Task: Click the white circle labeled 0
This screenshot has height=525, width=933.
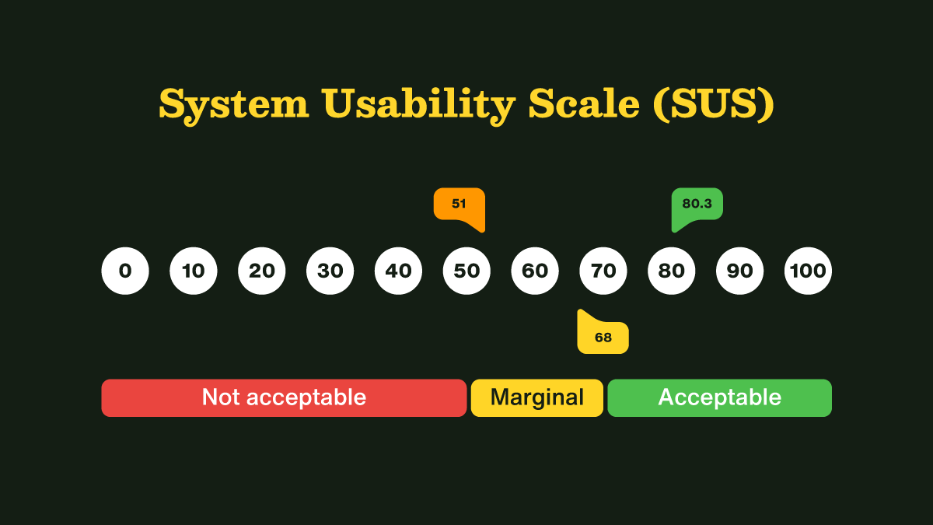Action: click(125, 271)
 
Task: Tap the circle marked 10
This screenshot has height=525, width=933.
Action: click(194, 271)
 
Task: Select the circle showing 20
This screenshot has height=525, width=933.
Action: click(262, 271)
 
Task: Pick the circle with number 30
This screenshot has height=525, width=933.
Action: click(330, 271)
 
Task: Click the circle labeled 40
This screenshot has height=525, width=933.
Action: click(399, 271)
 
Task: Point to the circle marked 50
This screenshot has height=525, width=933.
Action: click(466, 271)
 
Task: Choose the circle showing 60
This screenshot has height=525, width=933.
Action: click(535, 271)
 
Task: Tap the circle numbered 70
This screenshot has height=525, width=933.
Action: click(603, 271)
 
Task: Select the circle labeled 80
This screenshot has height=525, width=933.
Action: click(672, 271)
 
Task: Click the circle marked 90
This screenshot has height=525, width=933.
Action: click(740, 271)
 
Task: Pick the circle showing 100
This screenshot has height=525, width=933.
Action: click(809, 271)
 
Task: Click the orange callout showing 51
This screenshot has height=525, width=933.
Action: click(459, 205)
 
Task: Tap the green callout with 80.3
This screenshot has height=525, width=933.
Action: click(697, 205)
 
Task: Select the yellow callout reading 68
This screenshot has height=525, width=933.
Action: click(603, 337)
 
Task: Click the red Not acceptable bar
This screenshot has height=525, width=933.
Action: click(284, 397)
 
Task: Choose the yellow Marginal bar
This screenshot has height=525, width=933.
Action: click(537, 397)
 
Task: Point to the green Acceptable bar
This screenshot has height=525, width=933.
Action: click(720, 397)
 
